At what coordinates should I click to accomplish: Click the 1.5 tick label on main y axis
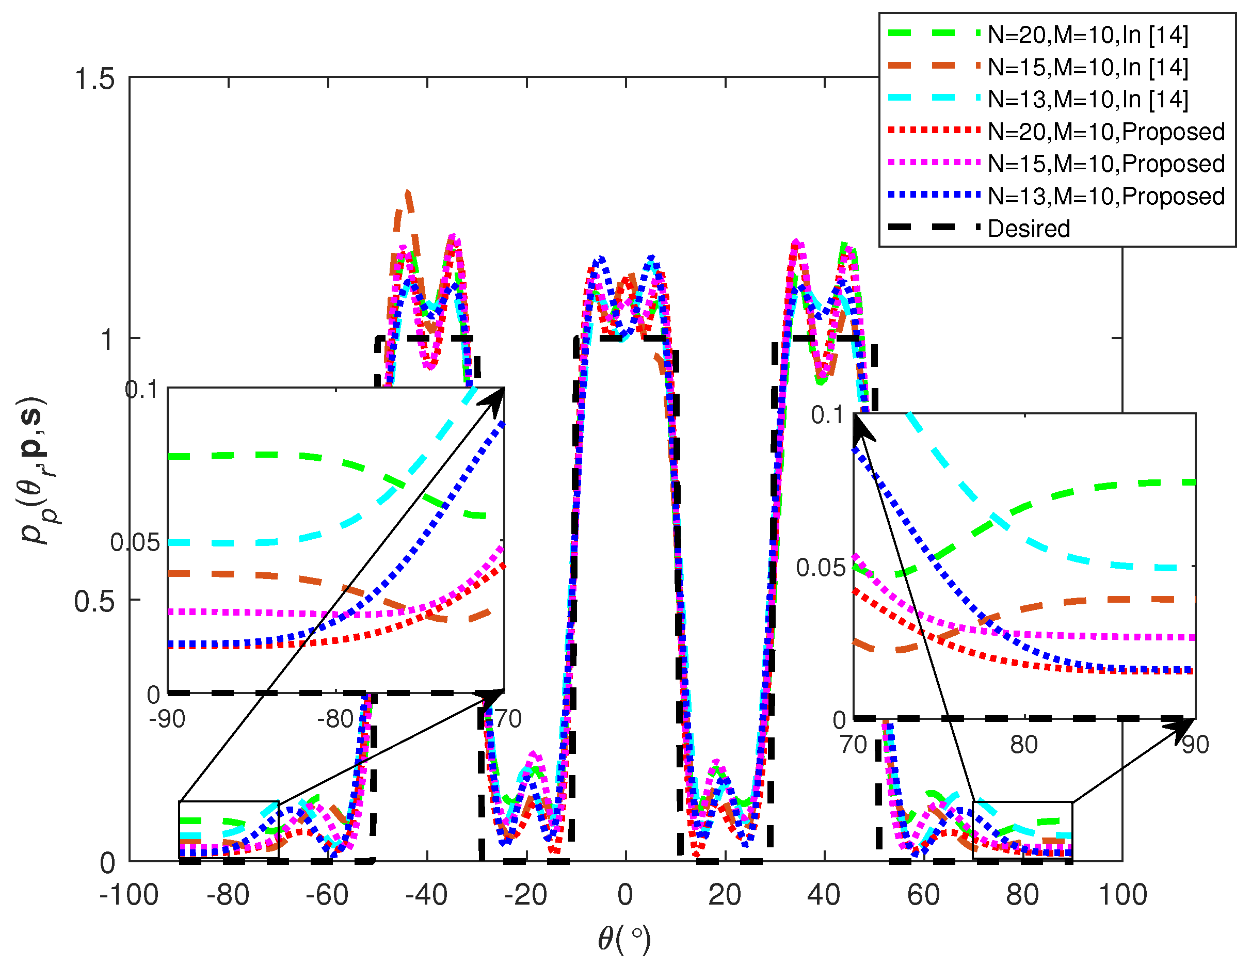94,78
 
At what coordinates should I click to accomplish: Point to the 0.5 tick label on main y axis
94,601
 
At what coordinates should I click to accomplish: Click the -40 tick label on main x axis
426,895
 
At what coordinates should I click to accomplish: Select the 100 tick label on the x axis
1122,895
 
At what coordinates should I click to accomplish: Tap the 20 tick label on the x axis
725,895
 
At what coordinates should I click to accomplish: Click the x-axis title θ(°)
624,939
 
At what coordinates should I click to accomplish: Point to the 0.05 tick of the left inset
135,542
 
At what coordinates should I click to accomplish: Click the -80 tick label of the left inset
335,719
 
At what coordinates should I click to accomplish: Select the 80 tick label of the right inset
1023,745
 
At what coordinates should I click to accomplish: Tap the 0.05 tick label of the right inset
820,568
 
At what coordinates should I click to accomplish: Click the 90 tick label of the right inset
1195,745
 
